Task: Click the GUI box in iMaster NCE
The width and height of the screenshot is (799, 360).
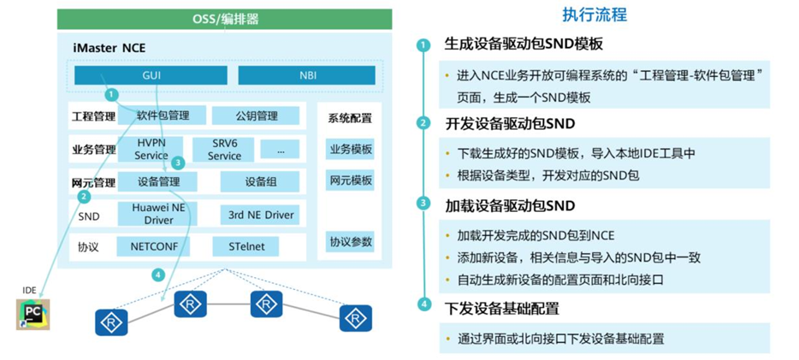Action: (x=151, y=75)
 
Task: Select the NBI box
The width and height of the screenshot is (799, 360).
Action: (x=306, y=75)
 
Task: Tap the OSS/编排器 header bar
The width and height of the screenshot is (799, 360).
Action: (x=225, y=19)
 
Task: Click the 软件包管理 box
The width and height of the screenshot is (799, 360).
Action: (x=163, y=115)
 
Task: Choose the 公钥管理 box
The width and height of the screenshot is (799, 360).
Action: (x=256, y=115)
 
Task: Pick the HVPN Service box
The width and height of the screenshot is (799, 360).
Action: (x=151, y=149)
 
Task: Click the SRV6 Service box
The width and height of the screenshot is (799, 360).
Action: (x=224, y=150)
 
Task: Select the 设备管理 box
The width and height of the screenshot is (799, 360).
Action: (x=158, y=181)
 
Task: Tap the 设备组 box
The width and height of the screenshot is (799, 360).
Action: (x=261, y=181)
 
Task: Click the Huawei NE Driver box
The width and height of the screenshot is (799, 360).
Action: (x=159, y=214)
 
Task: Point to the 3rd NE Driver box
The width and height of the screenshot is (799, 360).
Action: (x=260, y=215)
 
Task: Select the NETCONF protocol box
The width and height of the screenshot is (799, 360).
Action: (x=154, y=246)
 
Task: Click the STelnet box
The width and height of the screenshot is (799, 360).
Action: (x=246, y=246)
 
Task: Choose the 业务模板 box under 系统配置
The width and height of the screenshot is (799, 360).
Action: (x=350, y=149)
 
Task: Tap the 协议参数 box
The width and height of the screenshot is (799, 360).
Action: (x=350, y=241)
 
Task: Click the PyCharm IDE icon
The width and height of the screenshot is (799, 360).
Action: (x=33, y=313)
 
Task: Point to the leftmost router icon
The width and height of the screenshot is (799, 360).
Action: (x=111, y=322)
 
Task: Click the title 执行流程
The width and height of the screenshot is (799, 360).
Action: (x=595, y=15)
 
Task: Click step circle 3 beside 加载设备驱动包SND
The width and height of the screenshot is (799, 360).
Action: (x=423, y=204)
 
